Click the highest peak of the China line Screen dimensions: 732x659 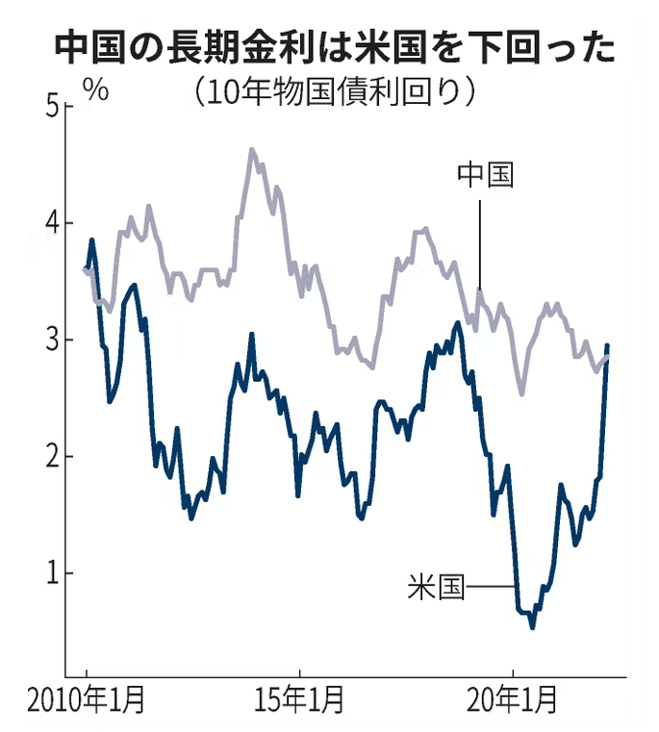[x=252, y=150]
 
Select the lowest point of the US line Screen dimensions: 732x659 [x=533, y=627]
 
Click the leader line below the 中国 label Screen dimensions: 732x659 [x=479, y=240]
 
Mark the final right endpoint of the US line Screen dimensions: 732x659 [x=607, y=345]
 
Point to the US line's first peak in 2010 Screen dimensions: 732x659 [x=91, y=240]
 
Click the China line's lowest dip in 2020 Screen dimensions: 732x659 [x=521, y=393]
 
